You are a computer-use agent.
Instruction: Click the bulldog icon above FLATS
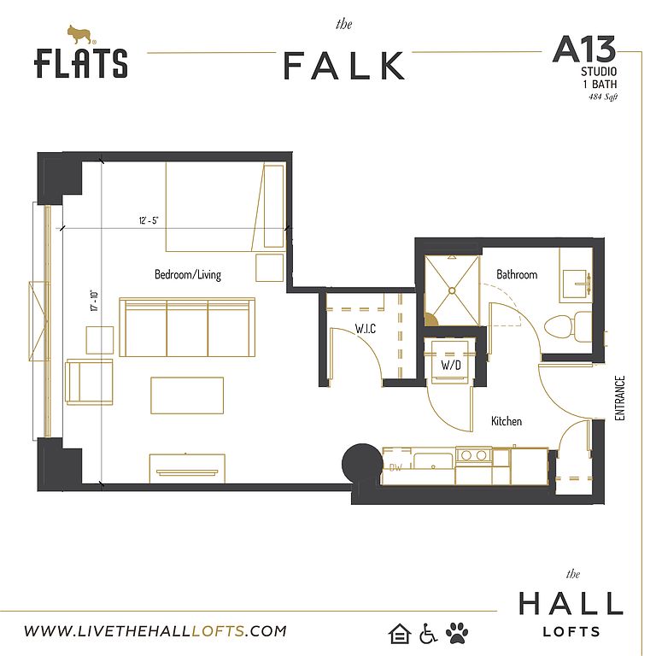click(x=81, y=35)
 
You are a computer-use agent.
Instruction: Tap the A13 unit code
click(x=584, y=50)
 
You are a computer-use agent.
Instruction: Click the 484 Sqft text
click(x=603, y=97)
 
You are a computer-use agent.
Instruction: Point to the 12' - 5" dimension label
click(x=149, y=220)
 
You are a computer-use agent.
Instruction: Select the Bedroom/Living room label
click(x=188, y=274)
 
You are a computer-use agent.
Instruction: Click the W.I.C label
click(x=366, y=329)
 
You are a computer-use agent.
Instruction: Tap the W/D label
click(x=451, y=366)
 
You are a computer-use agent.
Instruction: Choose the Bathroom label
click(x=517, y=274)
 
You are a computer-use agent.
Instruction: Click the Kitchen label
click(x=507, y=421)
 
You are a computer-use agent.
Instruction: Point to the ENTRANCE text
click(x=619, y=398)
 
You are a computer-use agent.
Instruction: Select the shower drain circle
click(x=452, y=290)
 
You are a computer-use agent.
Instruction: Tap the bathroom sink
click(x=576, y=284)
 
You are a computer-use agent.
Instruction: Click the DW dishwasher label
click(x=395, y=467)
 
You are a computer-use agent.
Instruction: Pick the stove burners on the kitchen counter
click(x=473, y=454)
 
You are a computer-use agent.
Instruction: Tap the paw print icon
click(x=457, y=633)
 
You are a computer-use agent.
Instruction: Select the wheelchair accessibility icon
click(x=428, y=634)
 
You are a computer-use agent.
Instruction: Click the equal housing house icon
click(x=400, y=633)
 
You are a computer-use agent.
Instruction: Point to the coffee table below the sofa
click(x=187, y=395)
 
